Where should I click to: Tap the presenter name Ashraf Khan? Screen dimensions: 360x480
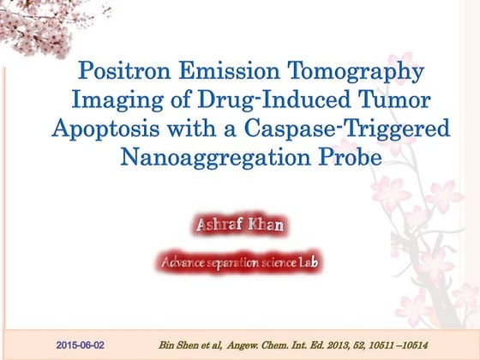point(239,227)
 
